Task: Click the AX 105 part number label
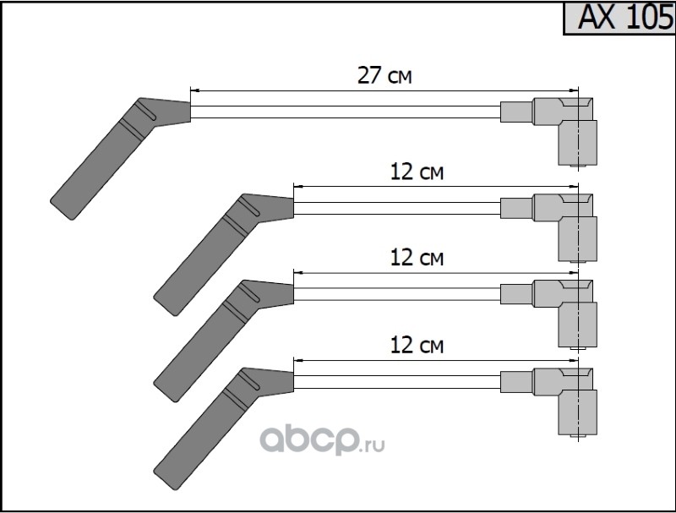pos(625,17)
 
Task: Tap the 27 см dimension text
pos(384,75)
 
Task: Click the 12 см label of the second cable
pos(417,172)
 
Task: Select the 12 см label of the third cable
pos(417,258)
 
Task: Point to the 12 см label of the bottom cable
pos(417,346)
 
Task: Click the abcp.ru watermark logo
pos(322,439)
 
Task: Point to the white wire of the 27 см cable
pos(346,112)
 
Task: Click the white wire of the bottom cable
pos(397,381)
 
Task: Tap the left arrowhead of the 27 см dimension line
pos(195,90)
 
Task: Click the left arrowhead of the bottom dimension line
pos(298,360)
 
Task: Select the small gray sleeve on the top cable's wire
pos(517,112)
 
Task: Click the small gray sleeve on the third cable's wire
pos(517,294)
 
